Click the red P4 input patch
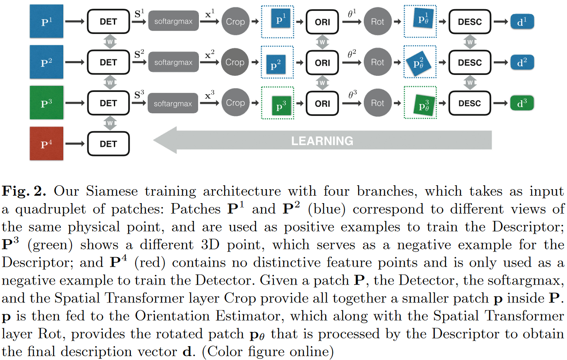click(x=47, y=144)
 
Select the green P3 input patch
click(x=47, y=103)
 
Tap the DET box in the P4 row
click(x=109, y=144)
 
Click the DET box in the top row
click(x=109, y=22)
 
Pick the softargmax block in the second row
click(x=173, y=62)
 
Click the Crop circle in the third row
click(x=235, y=103)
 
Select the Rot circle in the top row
click(x=377, y=22)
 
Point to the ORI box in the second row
click(x=322, y=62)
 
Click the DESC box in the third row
click(x=470, y=103)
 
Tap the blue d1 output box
click(x=522, y=22)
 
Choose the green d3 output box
click(x=522, y=103)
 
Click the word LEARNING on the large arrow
click(x=322, y=141)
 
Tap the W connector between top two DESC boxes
click(x=470, y=42)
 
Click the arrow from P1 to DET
click(x=75, y=22)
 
